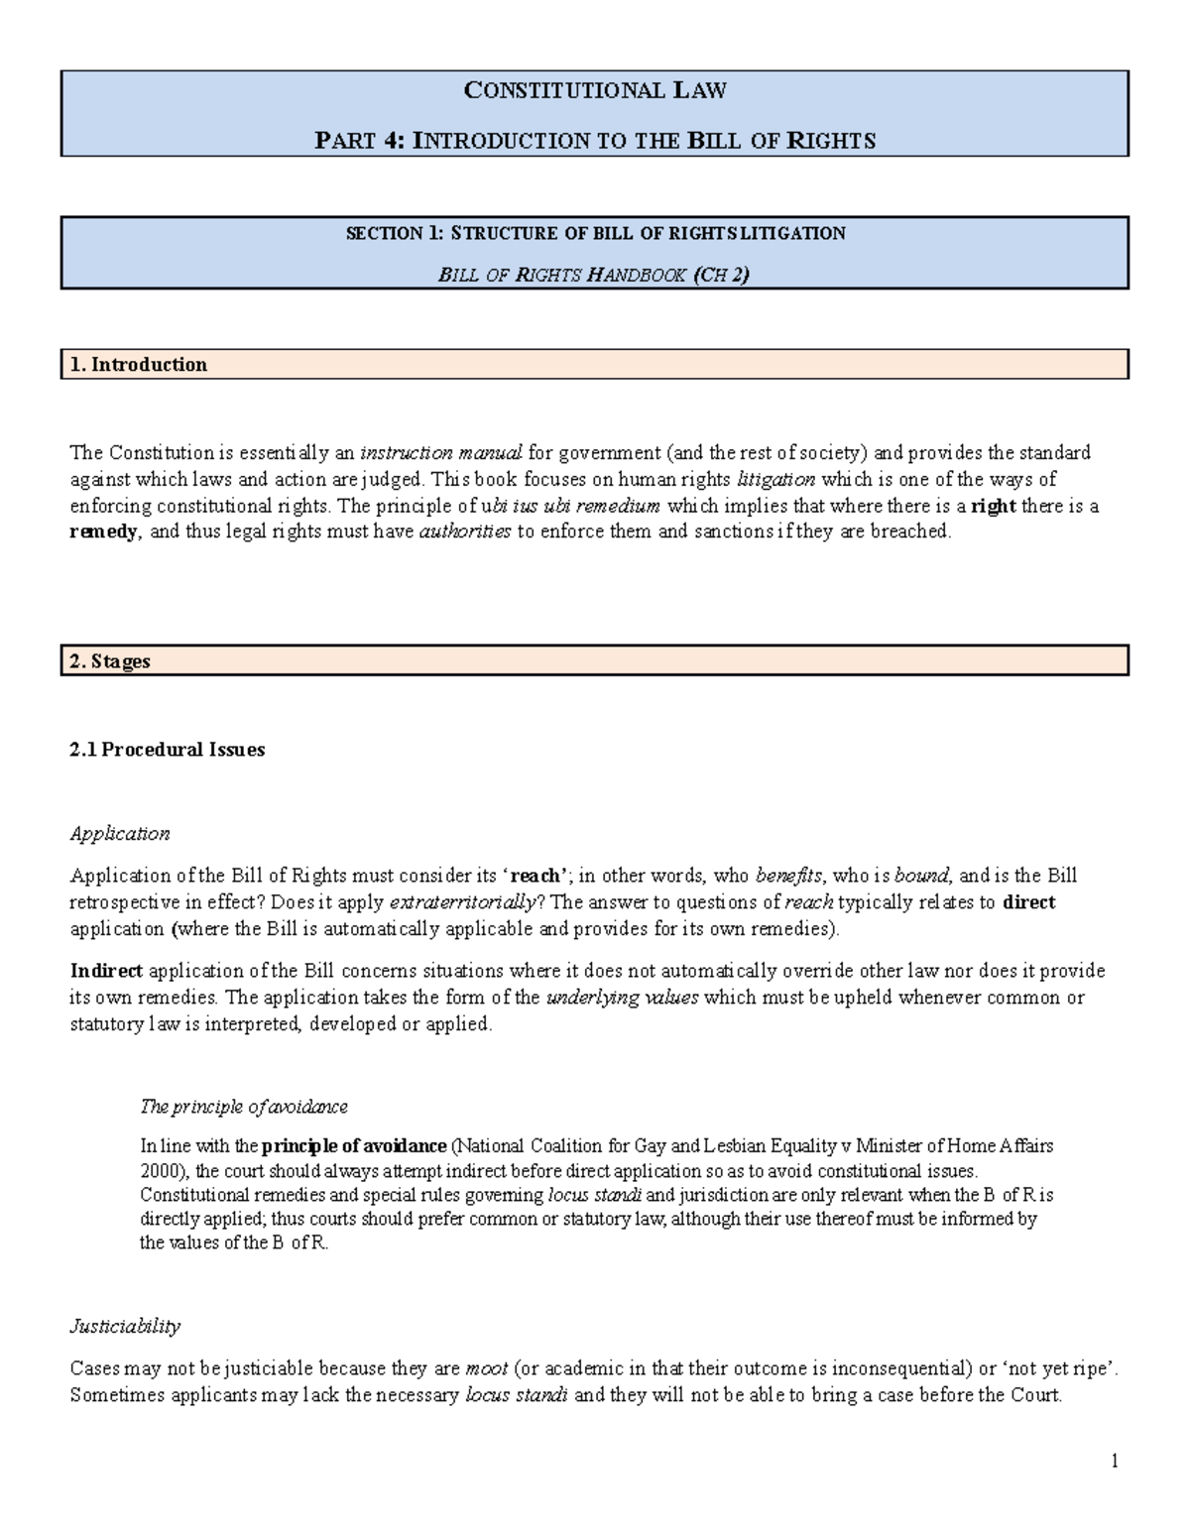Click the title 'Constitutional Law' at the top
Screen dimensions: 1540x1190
click(x=595, y=91)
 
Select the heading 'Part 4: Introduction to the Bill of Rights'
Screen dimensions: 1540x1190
click(x=595, y=141)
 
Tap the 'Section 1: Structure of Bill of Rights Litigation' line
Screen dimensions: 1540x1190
click(x=595, y=234)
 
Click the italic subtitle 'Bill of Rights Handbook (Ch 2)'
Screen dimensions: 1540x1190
click(x=594, y=275)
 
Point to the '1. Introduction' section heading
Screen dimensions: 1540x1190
click(x=139, y=365)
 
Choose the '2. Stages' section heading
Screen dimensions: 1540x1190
click(x=110, y=661)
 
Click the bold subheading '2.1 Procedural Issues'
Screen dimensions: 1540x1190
click(x=168, y=750)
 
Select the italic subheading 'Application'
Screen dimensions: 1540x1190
click(x=120, y=834)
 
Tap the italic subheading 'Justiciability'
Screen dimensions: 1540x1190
click(x=125, y=1327)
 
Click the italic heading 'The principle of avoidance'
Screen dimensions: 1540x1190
click(x=244, y=1107)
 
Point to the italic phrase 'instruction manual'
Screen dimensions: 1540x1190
click(x=440, y=453)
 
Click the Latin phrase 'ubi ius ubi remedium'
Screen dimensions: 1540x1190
click(x=570, y=506)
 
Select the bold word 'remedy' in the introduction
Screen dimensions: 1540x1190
click(x=104, y=532)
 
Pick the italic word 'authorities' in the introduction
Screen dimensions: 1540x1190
click(x=465, y=532)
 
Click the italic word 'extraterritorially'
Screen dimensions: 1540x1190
click(x=463, y=902)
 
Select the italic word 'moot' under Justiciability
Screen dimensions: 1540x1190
click(x=486, y=1369)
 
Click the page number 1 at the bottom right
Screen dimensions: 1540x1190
click(x=1115, y=1461)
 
